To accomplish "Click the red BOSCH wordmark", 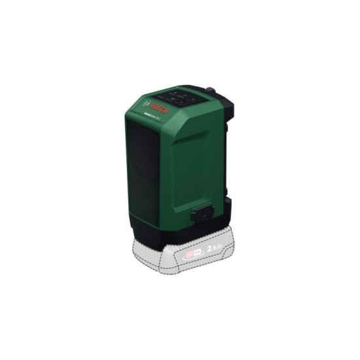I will click(158, 108).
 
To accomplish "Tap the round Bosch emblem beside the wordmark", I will click(146, 104).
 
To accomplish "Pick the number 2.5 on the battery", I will click(211, 249).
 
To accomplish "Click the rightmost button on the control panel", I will click(193, 99).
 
